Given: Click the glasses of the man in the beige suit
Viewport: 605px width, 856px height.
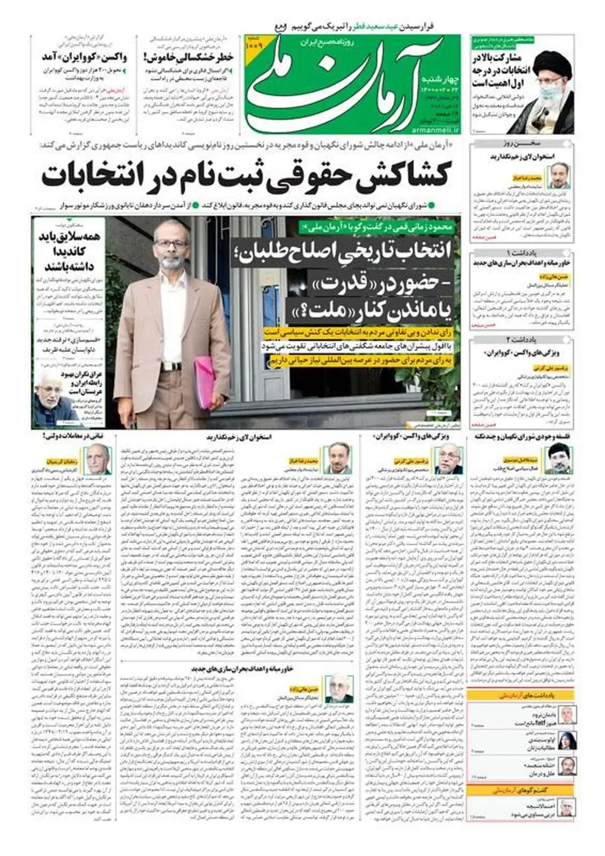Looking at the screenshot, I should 171,244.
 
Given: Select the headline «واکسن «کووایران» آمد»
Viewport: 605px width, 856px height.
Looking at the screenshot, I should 84,56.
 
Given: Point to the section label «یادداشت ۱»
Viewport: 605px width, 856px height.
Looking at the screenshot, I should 522,252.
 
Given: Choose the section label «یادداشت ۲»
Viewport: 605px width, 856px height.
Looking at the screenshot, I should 522,340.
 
